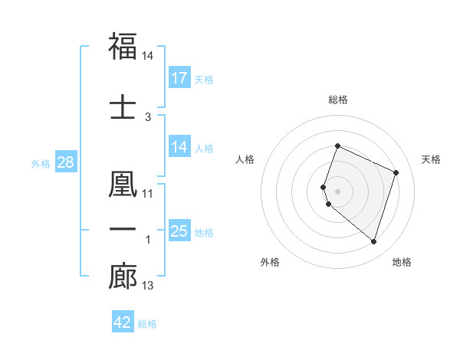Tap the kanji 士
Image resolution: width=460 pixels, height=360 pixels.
(123, 106)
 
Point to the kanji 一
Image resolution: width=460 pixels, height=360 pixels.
(123, 230)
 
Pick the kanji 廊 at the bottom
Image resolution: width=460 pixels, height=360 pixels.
(123, 277)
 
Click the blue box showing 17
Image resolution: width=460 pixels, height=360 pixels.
(179, 78)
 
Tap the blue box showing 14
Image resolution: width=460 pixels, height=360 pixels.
(179, 148)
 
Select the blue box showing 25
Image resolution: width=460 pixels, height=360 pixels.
(179, 231)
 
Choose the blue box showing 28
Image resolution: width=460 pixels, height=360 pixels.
(65, 162)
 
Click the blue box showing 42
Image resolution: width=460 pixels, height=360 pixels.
(123, 322)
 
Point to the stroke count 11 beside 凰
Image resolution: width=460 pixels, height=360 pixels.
(148, 193)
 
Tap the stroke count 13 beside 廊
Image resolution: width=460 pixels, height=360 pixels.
(148, 286)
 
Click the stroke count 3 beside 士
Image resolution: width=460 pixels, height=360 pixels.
(148, 116)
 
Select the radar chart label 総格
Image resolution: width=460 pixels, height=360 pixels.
(338, 100)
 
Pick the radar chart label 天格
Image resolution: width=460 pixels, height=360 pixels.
(431, 159)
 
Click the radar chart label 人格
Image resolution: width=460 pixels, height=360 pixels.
(245, 159)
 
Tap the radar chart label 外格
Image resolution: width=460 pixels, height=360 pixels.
(270, 262)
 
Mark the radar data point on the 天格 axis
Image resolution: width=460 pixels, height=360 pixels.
(396, 172)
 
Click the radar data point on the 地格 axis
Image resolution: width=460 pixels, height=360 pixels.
(373, 242)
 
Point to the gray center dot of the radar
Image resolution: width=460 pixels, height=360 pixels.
(338, 191)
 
